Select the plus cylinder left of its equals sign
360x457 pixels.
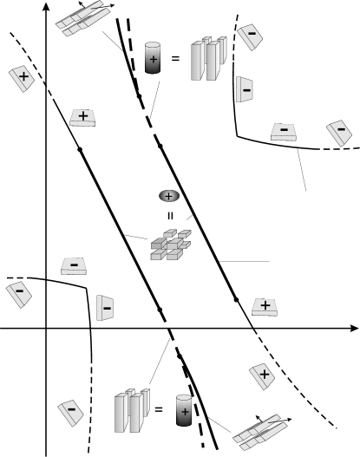(153, 59)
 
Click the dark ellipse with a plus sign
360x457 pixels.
(167, 198)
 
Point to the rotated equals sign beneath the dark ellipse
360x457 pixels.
(167, 215)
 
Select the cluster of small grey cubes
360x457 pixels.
(170, 246)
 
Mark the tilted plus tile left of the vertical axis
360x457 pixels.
(23, 79)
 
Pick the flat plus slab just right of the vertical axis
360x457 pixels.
(82, 117)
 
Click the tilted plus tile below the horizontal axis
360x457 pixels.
(263, 374)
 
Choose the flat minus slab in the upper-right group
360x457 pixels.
(284, 132)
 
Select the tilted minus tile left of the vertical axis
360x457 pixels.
(19, 293)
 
